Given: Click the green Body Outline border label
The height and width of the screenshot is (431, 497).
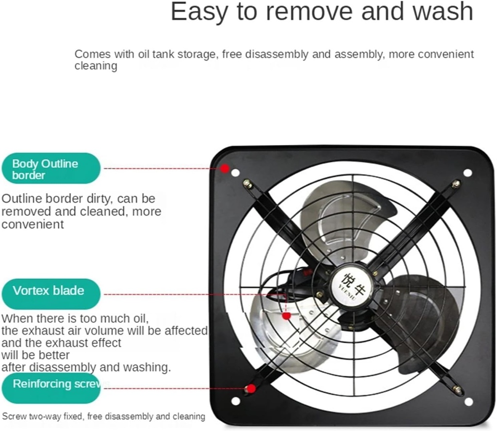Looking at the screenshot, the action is (x=51, y=169).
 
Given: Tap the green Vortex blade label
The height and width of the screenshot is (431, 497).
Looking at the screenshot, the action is (x=51, y=294).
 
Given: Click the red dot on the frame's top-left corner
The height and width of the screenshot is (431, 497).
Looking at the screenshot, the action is (x=225, y=169).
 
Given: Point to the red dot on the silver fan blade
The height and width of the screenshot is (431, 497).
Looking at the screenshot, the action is (x=286, y=316).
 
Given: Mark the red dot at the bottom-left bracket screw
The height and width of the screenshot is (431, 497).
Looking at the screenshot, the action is (x=251, y=388).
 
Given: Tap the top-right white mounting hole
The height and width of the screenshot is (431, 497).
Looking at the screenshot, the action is (x=467, y=173).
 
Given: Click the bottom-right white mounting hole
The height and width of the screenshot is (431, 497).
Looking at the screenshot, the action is (x=468, y=401).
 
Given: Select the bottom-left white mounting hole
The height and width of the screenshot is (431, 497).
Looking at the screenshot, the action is (x=236, y=401).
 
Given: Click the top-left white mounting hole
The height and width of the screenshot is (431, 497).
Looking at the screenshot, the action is (x=235, y=173).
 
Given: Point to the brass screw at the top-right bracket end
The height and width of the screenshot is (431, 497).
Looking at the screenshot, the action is (x=456, y=184).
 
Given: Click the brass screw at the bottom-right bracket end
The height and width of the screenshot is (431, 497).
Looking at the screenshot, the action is (x=457, y=389).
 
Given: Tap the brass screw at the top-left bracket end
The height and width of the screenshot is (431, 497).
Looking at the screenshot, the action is (x=247, y=184).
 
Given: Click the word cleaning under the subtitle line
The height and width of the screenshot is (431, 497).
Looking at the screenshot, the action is (x=96, y=66).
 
